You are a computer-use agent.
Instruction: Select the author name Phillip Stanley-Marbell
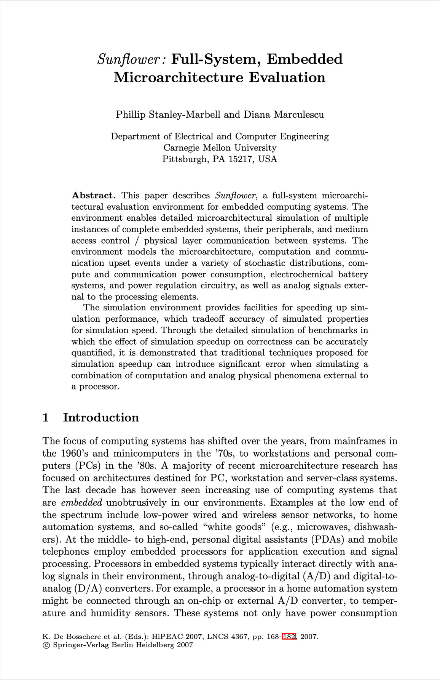(x=168, y=115)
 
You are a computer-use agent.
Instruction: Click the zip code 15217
(x=241, y=159)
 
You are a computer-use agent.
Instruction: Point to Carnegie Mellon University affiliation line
(x=220, y=148)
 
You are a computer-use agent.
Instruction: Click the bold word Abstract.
(x=93, y=196)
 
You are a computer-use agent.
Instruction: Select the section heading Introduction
(x=101, y=418)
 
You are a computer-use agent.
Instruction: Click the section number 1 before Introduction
(x=46, y=418)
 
